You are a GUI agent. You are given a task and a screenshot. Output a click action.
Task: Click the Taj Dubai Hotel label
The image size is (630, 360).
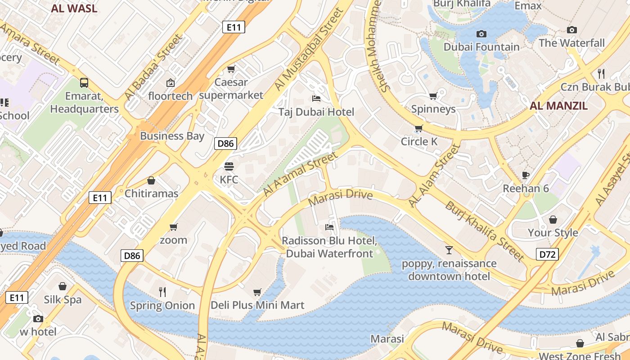point(316,112)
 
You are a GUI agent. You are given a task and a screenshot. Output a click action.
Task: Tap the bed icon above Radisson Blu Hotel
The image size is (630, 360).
point(329,227)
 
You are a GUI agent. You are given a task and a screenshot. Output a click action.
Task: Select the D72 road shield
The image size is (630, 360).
point(547,254)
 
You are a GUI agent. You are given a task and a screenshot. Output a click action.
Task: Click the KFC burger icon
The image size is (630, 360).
point(229,166)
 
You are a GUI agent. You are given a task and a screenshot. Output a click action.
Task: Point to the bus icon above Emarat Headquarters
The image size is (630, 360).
point(84,82)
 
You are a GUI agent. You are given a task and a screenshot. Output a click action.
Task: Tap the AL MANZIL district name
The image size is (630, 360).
point(558,106)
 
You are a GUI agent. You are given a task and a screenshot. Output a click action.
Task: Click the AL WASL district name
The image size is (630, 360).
point(74,8)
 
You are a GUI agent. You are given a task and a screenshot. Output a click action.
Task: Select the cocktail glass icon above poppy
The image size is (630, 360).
point(449,250)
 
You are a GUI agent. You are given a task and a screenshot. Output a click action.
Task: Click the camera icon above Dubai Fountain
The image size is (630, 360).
point(481,34)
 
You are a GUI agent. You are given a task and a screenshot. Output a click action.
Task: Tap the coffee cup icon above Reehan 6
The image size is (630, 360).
point(525,175)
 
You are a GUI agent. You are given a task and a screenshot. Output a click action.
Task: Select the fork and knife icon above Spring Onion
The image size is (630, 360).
point(162,292)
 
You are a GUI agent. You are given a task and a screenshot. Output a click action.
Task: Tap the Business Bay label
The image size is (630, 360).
point(172,136)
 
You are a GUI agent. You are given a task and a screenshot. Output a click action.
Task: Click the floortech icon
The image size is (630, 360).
point(171,82)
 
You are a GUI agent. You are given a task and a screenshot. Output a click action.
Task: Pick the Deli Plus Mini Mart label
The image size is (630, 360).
point(257,305)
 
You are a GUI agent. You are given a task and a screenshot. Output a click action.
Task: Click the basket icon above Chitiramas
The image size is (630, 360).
point(151,180)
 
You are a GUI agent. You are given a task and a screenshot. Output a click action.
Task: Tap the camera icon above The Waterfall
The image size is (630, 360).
point(571,30)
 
